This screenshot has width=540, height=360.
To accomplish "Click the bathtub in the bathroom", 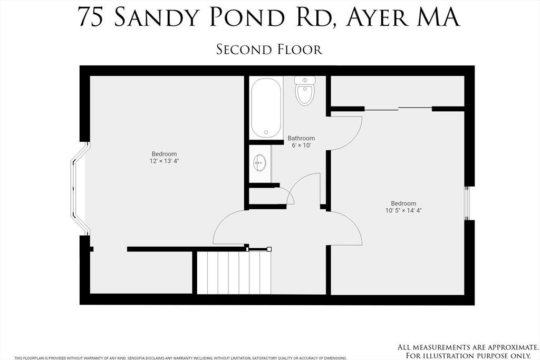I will [x=266, y=108].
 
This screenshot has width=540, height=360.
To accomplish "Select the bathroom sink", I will [x=259, y=163].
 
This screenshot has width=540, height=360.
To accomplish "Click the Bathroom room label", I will [x=301, y=139].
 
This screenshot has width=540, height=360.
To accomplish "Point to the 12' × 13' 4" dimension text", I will [x=165, y=161].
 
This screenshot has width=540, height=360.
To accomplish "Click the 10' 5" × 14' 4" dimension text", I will [x=403, y=210].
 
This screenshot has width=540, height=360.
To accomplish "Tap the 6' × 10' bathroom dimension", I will [x=301, y=145].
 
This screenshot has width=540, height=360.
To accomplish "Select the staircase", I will [x=234, y=273].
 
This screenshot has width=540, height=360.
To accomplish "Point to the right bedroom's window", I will [x=467, y=203].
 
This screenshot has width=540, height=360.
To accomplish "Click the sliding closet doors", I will [x=398, y=109].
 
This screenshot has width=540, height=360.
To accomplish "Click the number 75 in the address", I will [x=90, y=17].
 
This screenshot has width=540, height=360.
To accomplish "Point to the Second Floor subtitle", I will [x=269, y=50].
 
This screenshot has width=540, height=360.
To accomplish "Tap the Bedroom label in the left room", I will [x=165, y=154].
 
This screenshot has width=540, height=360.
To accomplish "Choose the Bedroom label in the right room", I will [x=403, y=203].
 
